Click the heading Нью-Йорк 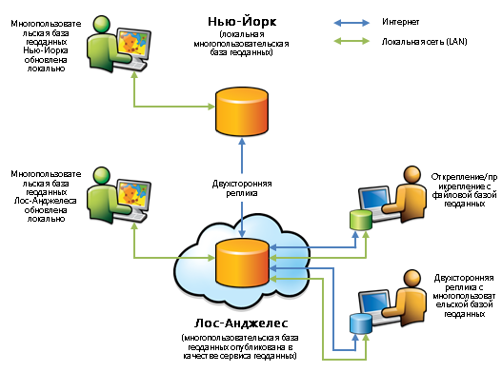pyautogui.click(x=242, y=22)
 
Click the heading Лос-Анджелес pyautogui.click(x=241, y=323)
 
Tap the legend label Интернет pyautogui.click(x=400, y=22)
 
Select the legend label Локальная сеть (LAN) pyautogui.click(x=424, y=42)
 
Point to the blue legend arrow pyautogui.click(x=351, y=23)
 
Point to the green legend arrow pyautogui.click(x=351, y=41)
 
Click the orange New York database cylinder pyautogui.click(x=242, y=111)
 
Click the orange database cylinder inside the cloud pyautogui.click(x=242, y=263)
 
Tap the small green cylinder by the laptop pyautogui.click(x=361, y=220)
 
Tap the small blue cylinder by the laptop pyautogui.click(x=361, y=323)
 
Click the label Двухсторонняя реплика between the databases pyautogui.click(x=242, y=188)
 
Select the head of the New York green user pyautogui.click(x=102, y=24)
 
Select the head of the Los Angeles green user pyautogui.click(x=102, y=175)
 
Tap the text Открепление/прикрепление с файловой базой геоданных pyautogui.click(x=464, y=190)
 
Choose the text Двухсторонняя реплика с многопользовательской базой pyautogui.click(x=464, y=296)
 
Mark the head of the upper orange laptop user pyautogui.click(x=412, y=175)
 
